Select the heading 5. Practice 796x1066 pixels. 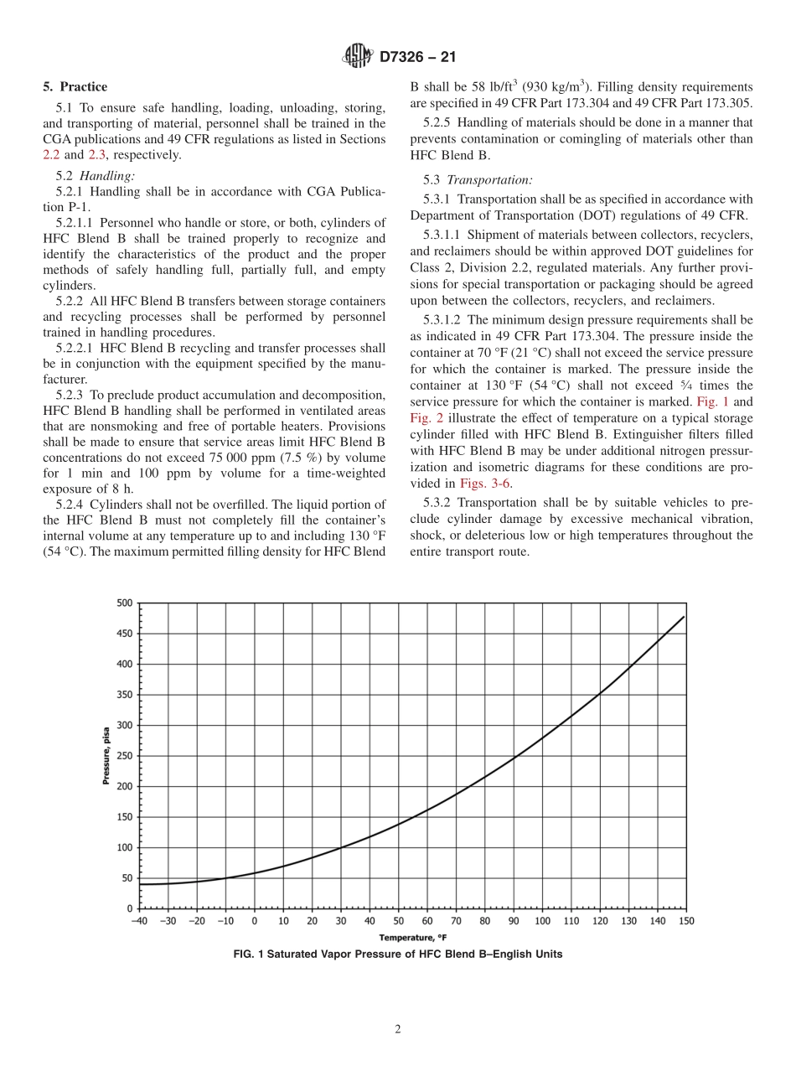(75, 87)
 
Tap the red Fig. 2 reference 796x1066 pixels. (426, 417)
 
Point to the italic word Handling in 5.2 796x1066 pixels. (106, 175)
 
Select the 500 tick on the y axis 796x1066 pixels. (124, 603)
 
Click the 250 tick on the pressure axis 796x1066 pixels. (124, 756)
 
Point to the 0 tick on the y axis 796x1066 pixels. (129, 908)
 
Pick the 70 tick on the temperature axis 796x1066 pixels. (456, 921)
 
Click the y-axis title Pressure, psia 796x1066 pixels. (106, 756)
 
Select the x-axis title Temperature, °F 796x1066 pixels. (412, 938)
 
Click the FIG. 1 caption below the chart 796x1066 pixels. (399, 955)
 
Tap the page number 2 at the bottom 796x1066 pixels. (398, 1029)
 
